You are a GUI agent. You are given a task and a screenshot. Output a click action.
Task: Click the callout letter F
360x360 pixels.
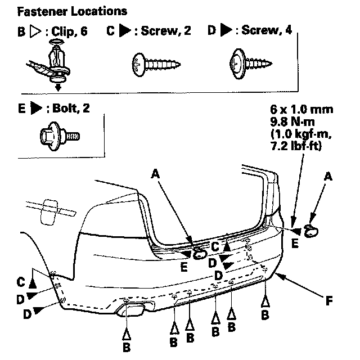tap(330, 301)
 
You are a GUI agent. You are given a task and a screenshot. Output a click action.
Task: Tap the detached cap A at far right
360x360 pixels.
tap(311, 229)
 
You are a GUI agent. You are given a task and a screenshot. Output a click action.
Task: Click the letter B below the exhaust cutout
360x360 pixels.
tap(127, 348)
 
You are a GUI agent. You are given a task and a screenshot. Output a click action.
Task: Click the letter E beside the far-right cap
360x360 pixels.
tap(295, 243)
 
